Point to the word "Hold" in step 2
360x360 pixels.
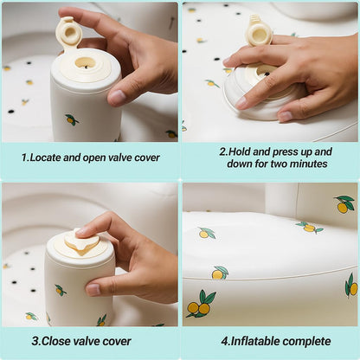pos(241,151)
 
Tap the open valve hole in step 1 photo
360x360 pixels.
pos(85,62)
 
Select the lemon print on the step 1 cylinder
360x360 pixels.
pos(72,119)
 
